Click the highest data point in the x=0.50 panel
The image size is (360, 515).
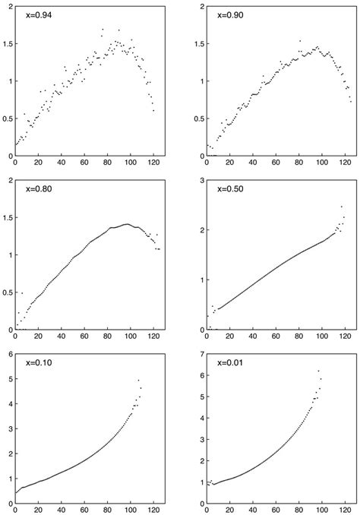[342, 206]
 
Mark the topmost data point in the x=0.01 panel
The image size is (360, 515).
[318, 371]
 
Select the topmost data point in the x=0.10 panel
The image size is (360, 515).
[138, 380]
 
